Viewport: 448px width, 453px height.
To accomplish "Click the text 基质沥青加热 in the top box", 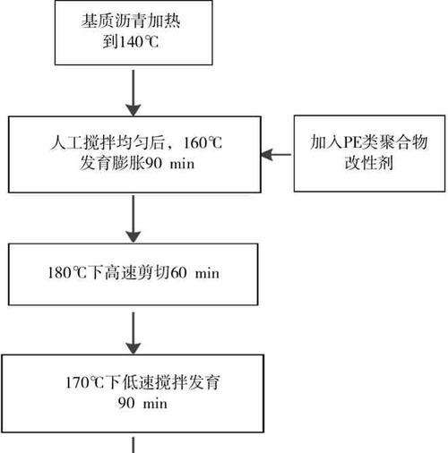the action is coord(131,21).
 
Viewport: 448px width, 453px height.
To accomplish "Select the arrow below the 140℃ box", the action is coord(134,93).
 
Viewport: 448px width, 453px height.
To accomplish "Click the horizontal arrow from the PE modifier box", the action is coord(276,155).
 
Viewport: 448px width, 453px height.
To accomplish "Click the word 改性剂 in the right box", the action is coord(369,163).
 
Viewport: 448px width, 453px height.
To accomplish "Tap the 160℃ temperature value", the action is coord(203,143).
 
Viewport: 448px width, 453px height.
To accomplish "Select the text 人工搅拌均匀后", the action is coord(108,142).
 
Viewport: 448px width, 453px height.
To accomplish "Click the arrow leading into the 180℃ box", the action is coord(134,219).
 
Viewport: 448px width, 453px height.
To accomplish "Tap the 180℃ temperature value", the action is coord(67,273).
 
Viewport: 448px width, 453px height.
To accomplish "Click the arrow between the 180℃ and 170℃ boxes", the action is coord(134,333).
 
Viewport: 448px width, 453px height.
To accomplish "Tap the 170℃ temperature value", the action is coord(85,382).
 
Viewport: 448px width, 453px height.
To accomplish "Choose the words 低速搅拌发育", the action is coord(163,382).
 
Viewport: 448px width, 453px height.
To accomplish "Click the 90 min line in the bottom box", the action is coord(142,403).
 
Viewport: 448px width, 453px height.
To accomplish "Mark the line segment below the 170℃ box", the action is coord(134,445).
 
